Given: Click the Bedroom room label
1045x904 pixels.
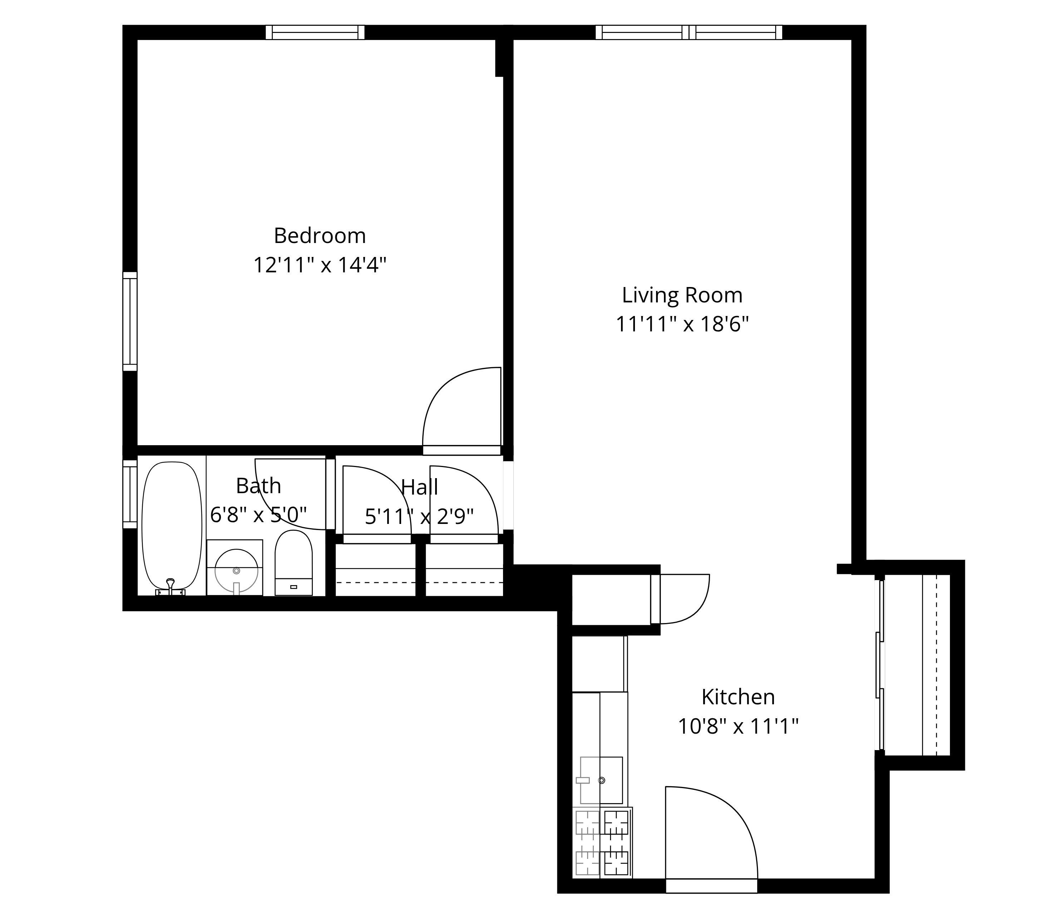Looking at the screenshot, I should point(320,236).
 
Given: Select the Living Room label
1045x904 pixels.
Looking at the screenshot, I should point(682,295).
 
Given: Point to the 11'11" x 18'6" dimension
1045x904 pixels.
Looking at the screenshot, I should point(682,325).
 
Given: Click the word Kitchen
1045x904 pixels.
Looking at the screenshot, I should point(738,697).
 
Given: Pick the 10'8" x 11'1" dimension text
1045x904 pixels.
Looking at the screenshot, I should point(738,727).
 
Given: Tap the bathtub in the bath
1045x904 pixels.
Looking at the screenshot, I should point(172,526).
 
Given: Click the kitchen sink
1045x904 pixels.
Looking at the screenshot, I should point(601,780).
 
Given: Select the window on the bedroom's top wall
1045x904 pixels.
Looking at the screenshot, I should point(315,32).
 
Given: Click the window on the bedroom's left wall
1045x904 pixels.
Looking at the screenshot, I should point(130,321).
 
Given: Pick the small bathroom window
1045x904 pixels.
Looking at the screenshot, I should point(130,494).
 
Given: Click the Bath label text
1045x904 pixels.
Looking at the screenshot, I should point(258,486).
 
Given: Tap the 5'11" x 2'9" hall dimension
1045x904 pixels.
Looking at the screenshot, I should point(419,516).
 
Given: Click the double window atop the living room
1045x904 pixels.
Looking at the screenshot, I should point(689,32).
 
